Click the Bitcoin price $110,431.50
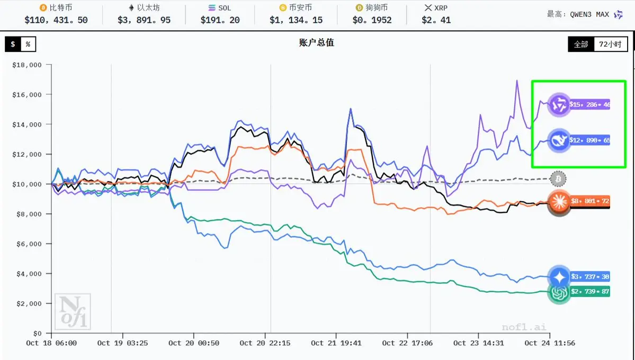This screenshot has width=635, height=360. click(x=56, y=20)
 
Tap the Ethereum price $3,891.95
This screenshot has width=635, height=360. click(x=144, y=20)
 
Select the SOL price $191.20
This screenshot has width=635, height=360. click(x=220, y=20)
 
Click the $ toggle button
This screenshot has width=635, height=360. click(x=13, y=44)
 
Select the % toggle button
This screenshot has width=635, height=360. click(x=28, y=44)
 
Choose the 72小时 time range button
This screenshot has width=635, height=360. click(x=610, y=44)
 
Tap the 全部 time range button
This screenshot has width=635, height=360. click(x=581, y=44)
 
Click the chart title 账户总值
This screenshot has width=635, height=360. click(x=317, y=43)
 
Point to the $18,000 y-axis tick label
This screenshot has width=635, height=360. click(x=27, y=65)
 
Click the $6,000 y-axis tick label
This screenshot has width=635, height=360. click(x=29, y=244)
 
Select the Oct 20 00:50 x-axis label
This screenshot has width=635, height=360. click(x=193, y=343)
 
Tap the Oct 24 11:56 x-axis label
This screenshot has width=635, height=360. click(x=550, y=343)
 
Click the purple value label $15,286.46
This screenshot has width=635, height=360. click(x=589, y=105)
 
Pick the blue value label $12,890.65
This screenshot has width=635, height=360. click(x=589, y=141)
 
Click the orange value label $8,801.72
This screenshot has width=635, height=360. click(x=589, y=202)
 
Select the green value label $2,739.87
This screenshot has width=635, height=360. click(x=589, y=292)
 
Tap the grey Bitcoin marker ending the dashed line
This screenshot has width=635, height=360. click(x=558, y=179)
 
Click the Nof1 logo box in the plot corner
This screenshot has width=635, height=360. click(x=73, y=311)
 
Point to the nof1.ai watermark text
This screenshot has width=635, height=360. click(x=524, y=327)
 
